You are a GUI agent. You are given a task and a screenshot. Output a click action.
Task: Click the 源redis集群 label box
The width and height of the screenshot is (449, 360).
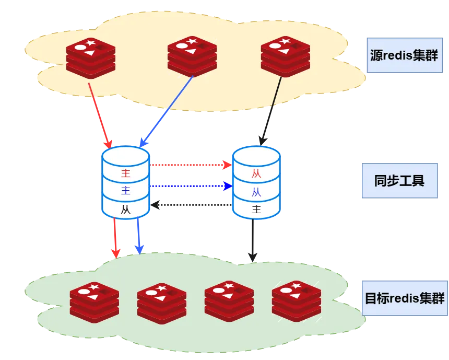click(405, 55)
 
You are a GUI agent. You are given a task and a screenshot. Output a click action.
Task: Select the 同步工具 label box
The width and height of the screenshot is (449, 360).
click(399, 181)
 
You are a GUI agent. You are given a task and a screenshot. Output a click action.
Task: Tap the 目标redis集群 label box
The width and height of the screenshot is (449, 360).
click(405, 298)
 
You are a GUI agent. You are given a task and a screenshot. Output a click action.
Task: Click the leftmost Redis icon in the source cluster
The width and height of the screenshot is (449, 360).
click(91, 58)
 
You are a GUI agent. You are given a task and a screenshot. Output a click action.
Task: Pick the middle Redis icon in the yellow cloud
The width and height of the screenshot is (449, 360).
click(192, 57)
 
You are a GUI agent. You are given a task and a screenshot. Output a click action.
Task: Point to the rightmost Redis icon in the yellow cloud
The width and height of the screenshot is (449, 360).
click(286, 57)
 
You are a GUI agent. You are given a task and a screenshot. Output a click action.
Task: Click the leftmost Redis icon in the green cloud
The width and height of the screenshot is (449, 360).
click(94, 303)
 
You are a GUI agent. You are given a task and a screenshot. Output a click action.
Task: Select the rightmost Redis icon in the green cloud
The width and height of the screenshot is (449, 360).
click(297, 301)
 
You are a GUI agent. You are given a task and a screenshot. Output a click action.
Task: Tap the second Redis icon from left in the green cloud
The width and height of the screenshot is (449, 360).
click(162, 304)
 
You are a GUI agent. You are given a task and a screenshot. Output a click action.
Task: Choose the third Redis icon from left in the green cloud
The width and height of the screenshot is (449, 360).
click(229, 301)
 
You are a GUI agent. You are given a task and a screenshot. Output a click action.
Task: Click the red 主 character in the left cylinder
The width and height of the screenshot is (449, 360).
click(126, 173)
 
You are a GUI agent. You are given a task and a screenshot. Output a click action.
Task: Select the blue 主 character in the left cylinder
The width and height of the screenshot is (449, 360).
click(126, 190)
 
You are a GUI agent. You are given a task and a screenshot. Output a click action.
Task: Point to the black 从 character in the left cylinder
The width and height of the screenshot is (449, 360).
click(126, 210)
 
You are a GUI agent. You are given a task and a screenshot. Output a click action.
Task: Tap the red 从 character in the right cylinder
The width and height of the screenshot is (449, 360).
click(256, 173)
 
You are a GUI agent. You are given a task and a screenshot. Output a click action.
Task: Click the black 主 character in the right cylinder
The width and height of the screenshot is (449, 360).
click(256, 209)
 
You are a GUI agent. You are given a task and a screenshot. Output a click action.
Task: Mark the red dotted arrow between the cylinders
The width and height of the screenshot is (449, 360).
click(191, 165)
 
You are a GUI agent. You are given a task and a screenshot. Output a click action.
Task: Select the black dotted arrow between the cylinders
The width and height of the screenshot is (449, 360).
click(191, 205)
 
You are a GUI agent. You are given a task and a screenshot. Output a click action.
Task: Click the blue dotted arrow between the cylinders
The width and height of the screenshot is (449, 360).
click(191, 186)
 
